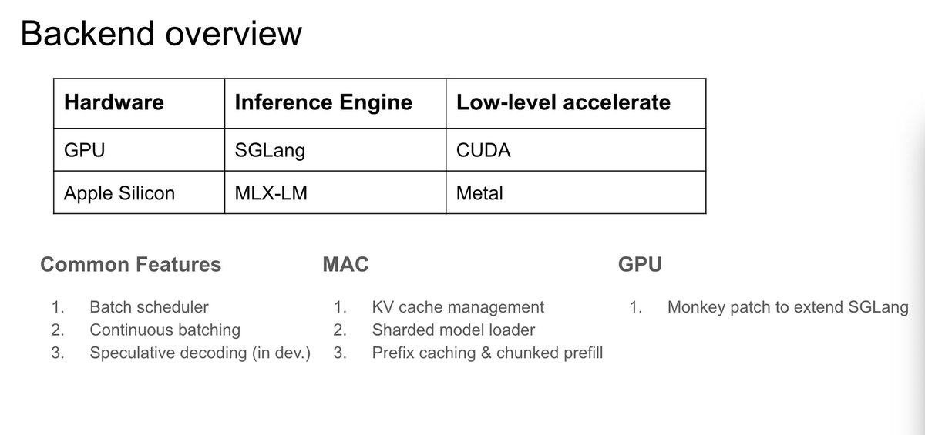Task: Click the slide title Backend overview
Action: click(x=160, y=35)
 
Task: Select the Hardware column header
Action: click(x=113, y=102)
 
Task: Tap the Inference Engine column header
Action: click(x=323, y=102)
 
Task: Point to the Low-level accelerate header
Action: click(x=563, y=102)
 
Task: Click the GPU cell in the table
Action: click(x=84, y=150)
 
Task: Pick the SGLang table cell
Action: click(x=270, y=150)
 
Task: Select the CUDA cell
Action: click(x=483, y=150)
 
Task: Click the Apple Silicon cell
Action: click(x=119, y=192)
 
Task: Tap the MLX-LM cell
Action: click(x=271, y=192)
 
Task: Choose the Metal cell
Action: click(x=479, y=192)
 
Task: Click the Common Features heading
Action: click(x=130, y=265)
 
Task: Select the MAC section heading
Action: click(x=345, y=265)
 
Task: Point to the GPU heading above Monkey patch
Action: click(x=640, y=265)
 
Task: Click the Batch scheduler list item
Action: click(x=149, y=306)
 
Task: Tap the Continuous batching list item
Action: click(x=165, y=330)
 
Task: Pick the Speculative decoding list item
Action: click(x=200, y=353)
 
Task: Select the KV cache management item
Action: click(x=457, y=306)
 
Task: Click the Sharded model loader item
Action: click(x=453, y=330)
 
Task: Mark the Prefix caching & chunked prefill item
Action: click(x=487, y=353)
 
